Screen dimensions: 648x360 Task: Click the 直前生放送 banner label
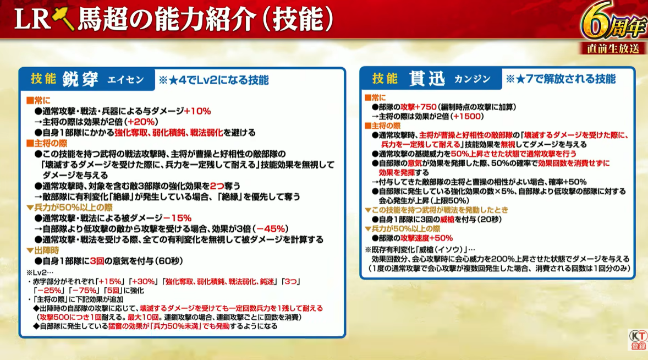click(613, 49)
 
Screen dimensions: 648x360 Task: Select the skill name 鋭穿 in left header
click(80, 79)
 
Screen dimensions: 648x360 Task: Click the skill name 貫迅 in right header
click(427, 79)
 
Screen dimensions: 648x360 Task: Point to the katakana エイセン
click(125, 80)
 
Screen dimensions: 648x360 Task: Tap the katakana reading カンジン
click(473, 79)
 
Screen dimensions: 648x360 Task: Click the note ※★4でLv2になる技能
click(213, 80)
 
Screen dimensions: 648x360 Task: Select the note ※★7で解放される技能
click(561, 79)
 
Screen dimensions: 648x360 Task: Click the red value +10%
click(197, 111)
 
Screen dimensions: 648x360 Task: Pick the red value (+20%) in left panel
click(142, 122)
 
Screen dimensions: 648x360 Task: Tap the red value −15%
click(177, 218)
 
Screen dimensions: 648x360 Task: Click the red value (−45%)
click(272, 229)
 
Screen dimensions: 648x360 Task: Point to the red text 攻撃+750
click(418, 107)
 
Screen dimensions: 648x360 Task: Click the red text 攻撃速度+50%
click(426, 238)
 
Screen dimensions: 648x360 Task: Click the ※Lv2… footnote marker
click(40, 273)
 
